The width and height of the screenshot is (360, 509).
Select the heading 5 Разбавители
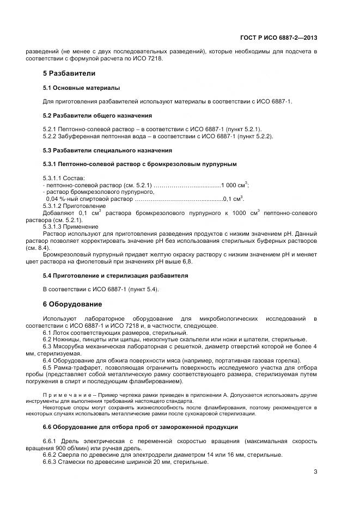(69, 73)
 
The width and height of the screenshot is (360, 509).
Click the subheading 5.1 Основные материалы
(81, 88)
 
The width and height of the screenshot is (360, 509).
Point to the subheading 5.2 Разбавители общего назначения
(97, 115)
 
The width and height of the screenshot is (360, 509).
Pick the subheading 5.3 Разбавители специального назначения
(107, 150)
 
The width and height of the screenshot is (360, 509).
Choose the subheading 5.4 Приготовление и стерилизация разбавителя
(115, 275)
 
